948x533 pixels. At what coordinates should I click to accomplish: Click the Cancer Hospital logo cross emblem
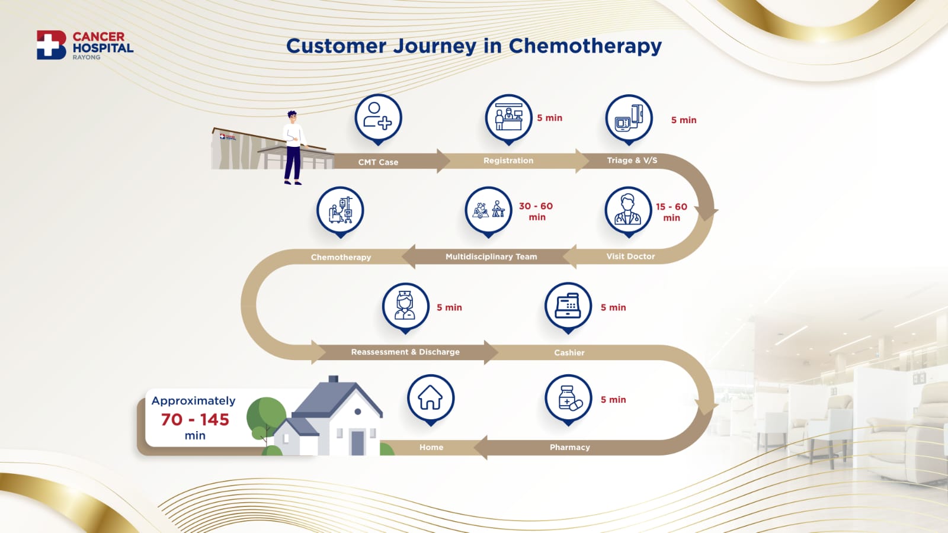pos(51,44)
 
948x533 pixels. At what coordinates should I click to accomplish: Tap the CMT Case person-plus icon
pos(378,118)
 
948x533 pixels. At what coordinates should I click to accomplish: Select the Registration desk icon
pos(508,118)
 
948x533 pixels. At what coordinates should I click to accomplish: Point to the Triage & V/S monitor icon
pos(629,118)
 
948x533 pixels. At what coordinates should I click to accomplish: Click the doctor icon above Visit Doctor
pos(629,210)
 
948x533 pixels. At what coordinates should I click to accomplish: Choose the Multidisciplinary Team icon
pos(488,210)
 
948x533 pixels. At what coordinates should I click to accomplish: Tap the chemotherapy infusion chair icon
pos(340,210)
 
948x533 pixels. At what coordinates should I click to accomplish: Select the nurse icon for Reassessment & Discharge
pos(405,306)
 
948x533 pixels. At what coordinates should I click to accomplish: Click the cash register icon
pos(568,306)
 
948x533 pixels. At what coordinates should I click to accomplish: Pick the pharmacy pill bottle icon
pos(568,398)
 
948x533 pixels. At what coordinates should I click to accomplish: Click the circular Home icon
pos(431,398)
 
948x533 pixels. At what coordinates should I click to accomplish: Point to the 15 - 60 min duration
pos(672,213)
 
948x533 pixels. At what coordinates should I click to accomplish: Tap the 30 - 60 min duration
pos(536,211)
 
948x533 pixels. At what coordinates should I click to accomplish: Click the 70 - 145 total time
pos(195,420)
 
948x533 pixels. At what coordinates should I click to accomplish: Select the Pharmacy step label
pos(569,447)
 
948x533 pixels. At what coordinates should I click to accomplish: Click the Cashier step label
pos(569,352)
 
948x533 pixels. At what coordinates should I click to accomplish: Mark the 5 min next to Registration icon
pos(550,118)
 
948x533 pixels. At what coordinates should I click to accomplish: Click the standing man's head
pos(292,117)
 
